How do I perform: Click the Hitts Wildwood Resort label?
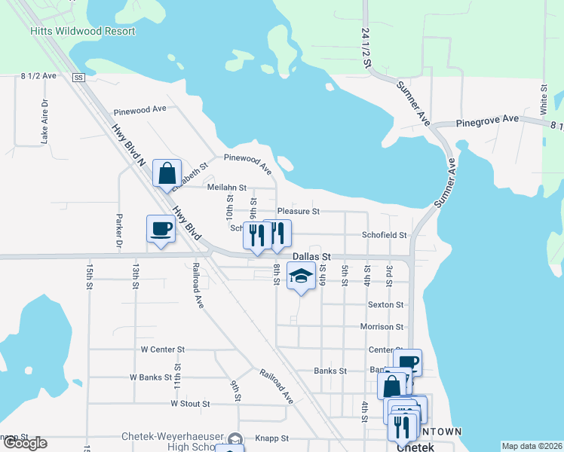83,32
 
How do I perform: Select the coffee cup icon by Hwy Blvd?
161,228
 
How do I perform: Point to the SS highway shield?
78,78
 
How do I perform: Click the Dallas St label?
312,257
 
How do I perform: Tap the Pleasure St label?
299,212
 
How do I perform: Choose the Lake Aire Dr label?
44,121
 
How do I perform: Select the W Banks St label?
153,377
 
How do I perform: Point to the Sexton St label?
385,305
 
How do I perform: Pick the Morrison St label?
382,327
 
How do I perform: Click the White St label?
543,99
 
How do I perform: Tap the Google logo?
24,443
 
